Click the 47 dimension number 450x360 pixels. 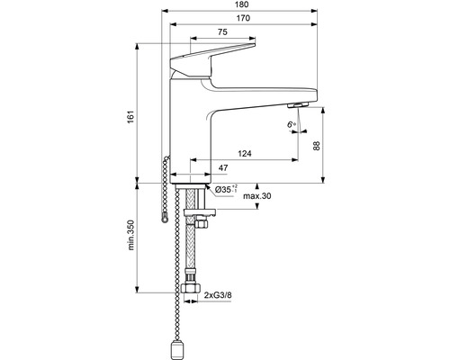[x=197, y=168]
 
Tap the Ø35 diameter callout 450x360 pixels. [x=224, y=190]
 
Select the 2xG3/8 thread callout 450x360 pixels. [x=222, y=295]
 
